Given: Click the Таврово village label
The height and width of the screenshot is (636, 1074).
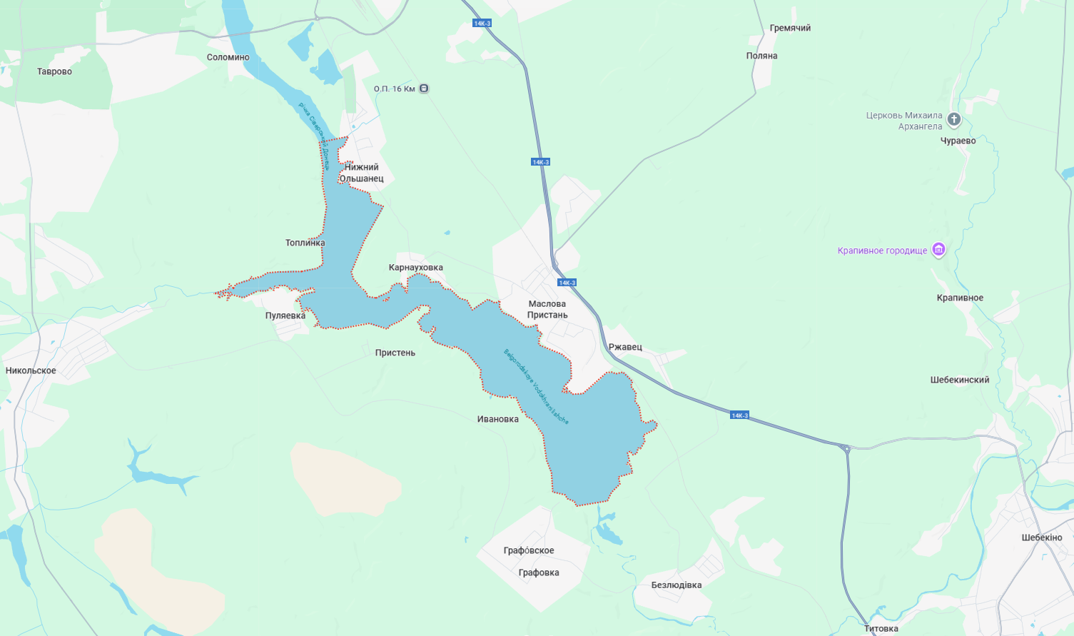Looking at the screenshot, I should [54, 71].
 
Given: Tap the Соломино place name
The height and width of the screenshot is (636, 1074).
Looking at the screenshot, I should [228, 57].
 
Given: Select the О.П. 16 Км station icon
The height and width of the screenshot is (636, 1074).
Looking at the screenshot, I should [424, 89].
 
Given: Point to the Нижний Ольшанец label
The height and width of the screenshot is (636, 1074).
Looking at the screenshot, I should [361, 173].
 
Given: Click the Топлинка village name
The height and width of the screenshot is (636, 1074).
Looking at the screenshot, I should [305, 243].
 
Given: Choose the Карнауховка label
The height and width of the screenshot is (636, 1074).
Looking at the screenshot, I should [415, 268].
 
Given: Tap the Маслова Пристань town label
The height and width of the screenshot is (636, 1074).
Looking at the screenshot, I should [547, 309].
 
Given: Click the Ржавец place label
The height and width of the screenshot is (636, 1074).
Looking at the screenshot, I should [625, 347].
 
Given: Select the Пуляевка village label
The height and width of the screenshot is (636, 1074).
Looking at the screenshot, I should [285, 316].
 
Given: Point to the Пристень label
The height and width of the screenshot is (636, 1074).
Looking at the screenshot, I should [395, 353].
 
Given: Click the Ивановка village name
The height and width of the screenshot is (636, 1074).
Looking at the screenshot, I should [497, 419].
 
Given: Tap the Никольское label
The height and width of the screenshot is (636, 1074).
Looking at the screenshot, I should [31, 370].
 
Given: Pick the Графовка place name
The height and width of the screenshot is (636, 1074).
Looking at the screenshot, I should [539, 572].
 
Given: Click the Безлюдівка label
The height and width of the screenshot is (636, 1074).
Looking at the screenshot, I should [676, 585].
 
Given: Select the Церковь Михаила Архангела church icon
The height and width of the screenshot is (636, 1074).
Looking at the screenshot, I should [954, 119].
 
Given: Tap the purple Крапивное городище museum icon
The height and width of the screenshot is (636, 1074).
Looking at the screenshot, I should [938, 250].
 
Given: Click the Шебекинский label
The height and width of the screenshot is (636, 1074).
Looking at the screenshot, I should [959, 380].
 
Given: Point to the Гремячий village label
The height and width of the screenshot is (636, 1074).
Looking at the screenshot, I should [790, 28].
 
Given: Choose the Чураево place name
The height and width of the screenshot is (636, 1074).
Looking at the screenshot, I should [958, 141].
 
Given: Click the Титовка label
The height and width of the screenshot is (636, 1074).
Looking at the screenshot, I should [881, 628].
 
